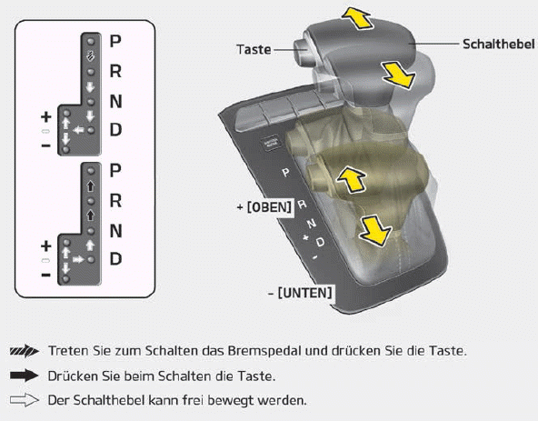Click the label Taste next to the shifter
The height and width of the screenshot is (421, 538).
[254, 49]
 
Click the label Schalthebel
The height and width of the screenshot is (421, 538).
[499, 44]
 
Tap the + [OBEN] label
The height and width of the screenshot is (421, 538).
[264, 207]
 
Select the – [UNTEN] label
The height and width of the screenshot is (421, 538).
[300, 293]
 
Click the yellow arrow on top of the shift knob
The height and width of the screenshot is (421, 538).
[356, 18]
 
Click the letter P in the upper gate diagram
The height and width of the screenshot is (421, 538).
[115, 41]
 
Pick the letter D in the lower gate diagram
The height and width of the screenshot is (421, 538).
[115, 258]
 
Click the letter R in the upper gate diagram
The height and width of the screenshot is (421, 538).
[115, 71]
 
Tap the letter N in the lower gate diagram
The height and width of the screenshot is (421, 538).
[115, 230]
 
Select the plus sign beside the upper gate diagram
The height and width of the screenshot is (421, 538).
[46, 117]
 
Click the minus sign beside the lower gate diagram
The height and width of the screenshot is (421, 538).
[46, 275]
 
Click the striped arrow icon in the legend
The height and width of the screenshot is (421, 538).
[24, 351]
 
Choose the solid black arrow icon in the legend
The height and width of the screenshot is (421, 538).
[24, 376]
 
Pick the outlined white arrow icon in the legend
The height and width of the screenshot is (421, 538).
[24, 400]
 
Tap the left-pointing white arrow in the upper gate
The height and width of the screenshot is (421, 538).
[78, 130]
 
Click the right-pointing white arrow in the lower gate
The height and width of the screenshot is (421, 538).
[78, 259]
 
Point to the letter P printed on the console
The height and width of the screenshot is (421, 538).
[285, 173]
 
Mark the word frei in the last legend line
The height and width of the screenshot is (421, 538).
[193, 400]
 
